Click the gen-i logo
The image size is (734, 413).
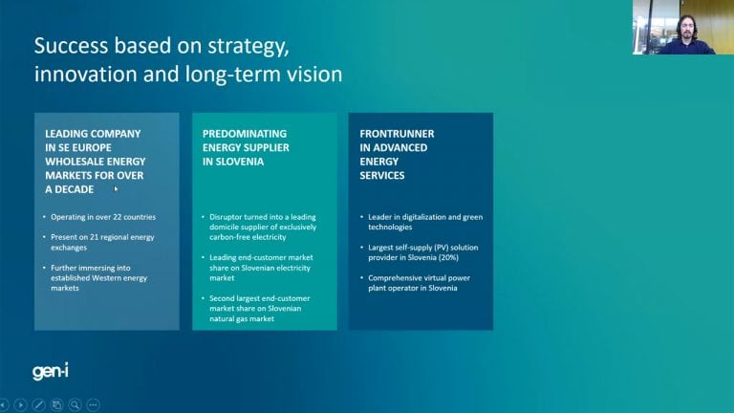(51, 371)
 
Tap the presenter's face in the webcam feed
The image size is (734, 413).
(686, 29)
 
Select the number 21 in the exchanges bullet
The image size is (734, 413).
(94, 237)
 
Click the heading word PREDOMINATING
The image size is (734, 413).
(245, 134)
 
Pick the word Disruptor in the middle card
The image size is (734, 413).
(226, 217)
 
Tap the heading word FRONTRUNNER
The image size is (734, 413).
(397, 134)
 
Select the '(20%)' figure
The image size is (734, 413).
(448, 257)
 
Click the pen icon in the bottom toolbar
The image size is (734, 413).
(38, 404)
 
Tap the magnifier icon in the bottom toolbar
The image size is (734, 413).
(75, 404)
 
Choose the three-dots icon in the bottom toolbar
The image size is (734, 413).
(93, 404)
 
